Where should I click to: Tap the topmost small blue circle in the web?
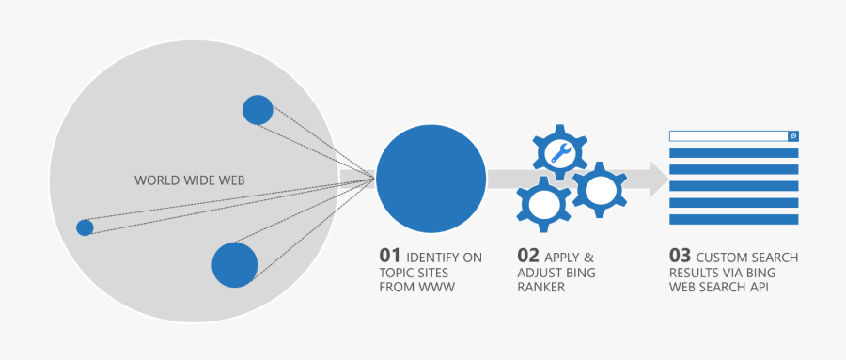tap(258, 110)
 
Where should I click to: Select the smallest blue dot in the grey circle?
tap(85, 227)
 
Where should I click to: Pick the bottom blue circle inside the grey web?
tap(234, 264)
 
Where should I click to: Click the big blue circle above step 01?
tap(431, 177)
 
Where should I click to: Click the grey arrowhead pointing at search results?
tap(659, 178)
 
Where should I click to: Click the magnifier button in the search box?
tap(792, 136)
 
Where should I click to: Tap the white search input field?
tap(728, 136)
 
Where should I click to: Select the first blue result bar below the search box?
tap(733, 152)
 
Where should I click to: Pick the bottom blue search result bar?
tap(733, 219)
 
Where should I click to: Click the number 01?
tap(390, 256)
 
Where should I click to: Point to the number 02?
tap(528, 256)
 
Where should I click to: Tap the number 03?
tap(680, 256)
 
